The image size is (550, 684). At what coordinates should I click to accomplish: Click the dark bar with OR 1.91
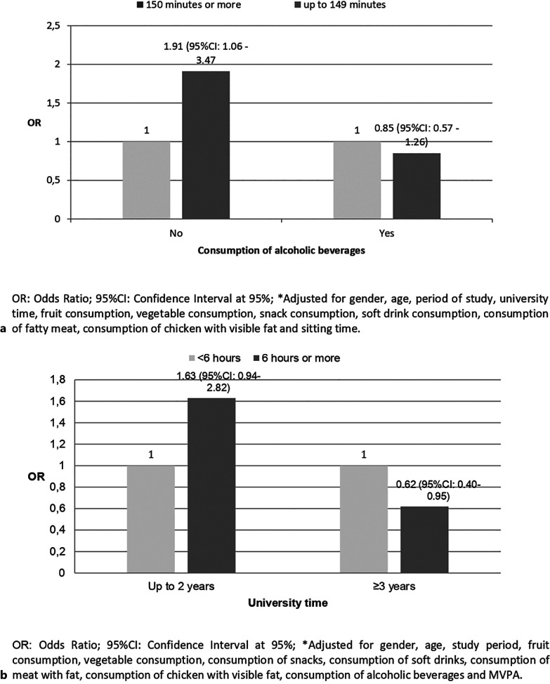point(206,145)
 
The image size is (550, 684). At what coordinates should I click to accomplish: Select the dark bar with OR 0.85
point(417,185)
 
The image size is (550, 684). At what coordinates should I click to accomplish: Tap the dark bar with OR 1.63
point(211,485)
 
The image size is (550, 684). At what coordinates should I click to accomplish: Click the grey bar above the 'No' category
point(147,180)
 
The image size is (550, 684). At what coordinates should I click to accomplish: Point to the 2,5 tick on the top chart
point(52,26)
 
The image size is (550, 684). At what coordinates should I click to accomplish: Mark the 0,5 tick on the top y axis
point(52,180)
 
